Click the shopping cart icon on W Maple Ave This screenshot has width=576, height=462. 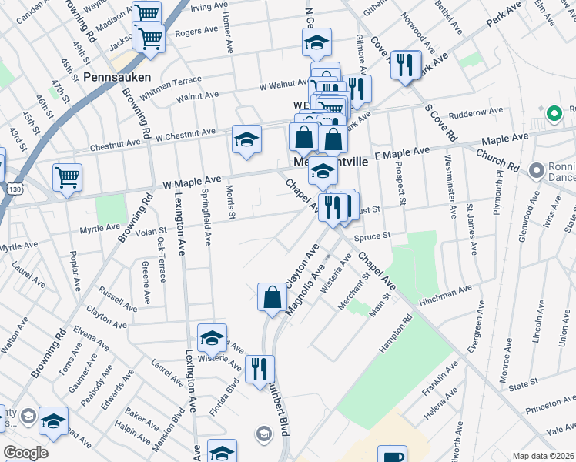click(68, 176)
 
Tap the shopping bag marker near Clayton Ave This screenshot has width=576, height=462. click(272, 297)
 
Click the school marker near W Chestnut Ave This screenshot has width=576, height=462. click(246, 139)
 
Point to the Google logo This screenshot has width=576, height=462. click(25, 453)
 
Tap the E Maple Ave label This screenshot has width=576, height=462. click(401, 154)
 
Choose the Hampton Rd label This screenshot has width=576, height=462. click(391, 337)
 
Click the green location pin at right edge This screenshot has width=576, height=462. click(552, 115)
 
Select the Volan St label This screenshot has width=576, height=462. click(152, 230)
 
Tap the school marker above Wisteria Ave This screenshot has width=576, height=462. click(213, 336)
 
